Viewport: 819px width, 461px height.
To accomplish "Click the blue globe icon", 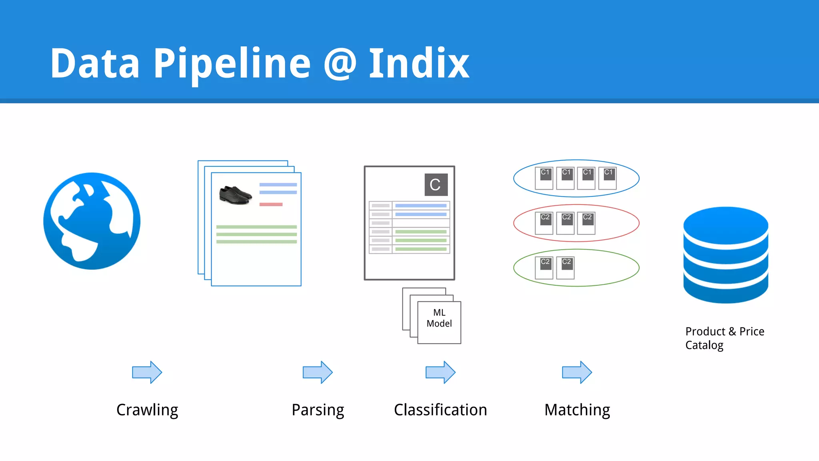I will pyautogui.click(x=92, y=221).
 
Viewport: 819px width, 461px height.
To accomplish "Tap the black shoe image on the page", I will pyautogui.click(x=236, y=195).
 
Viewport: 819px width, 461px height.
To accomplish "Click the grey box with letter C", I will pyautogui.click(x=435, y=184).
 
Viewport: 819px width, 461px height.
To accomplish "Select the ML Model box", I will pyautogui.click(x=439, y=322).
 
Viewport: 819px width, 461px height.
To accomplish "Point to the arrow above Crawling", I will pyautogui.click(x=147, y=372).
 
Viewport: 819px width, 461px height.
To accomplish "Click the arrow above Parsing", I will pyautogui.click(x=318, y=372).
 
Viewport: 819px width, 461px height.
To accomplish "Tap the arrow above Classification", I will pyautogui.click(x=440, y=372).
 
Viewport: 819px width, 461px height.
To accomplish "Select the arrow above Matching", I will pyautogui.click(x=577, y=372).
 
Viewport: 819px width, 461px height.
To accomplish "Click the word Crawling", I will pyautogui.click(x=147, y=410).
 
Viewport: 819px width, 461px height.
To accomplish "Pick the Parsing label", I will pyautogui.click(x=318, y=410).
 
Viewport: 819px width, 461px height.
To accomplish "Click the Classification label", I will pyautogui.click(x=440, y=410).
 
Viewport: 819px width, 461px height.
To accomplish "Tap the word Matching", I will pyautogui.click(x=577, y=410).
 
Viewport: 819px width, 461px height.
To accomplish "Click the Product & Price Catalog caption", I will pyautogui.click(x=724, y=338).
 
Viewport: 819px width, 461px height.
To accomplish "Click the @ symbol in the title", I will pyautogui.click(x=340, y=63).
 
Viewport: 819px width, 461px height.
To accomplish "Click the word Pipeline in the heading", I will pyautogui.click(x=232, y=63).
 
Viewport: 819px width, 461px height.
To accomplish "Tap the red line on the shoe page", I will pyautogui.click(x=271, y=204).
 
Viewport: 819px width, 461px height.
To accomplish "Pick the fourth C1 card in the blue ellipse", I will pyautogui.click(x=607, y=178).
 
